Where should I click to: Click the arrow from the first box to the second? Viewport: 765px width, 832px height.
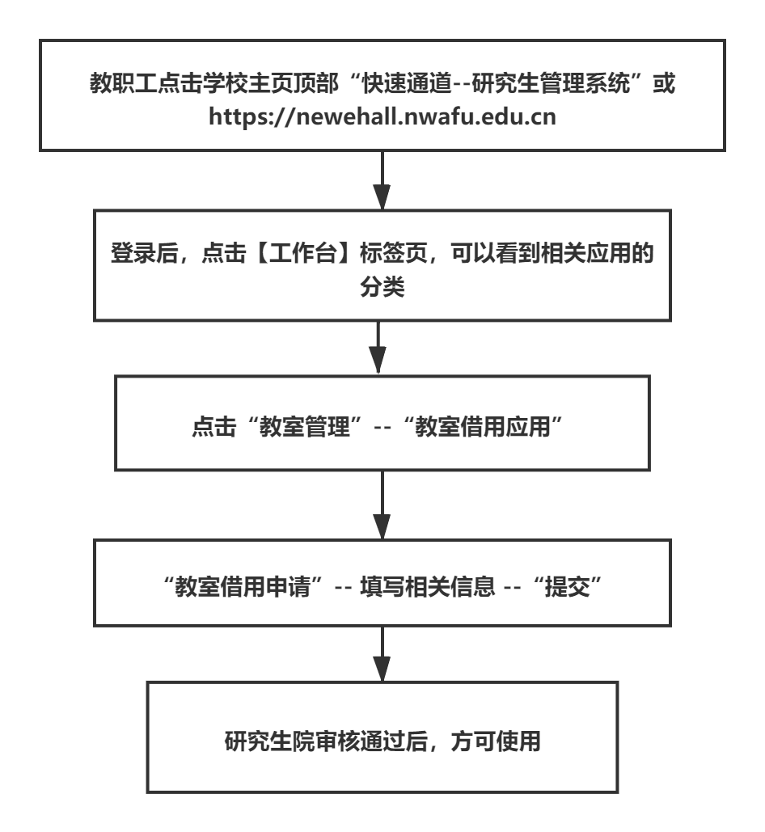coord(382,179)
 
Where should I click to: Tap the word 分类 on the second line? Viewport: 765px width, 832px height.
coord(382,289)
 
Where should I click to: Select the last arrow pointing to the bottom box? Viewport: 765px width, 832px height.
coord(382,661)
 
